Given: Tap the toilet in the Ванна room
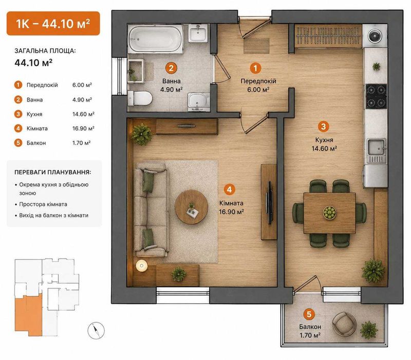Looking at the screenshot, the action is click(x=140, y=98).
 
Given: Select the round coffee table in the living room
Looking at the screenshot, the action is click(x=191, y=207).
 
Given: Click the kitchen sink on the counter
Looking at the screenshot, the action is click(x=376, y=150).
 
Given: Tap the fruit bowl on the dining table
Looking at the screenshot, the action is click(x=329, y=212).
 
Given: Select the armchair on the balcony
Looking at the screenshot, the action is click(x=344, y=323).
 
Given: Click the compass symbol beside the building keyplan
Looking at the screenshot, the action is click(x=96, y=330).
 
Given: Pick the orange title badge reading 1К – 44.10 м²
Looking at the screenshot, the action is click(x=53, y=23).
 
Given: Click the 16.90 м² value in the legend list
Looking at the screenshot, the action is click(x=83, y=128).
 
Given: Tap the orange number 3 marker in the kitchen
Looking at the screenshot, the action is click(x=323, y=126).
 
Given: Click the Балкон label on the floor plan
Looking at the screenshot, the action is click(x=310, y=327).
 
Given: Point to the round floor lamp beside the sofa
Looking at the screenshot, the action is click(x=142, y=266).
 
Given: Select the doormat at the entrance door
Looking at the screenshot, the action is click(x=256, y=46).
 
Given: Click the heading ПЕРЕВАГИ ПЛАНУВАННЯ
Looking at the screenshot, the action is click(x=53, y=173).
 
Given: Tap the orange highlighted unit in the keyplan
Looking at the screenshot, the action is click(x=28, y=315).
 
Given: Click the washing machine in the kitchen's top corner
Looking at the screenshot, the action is click(x=375, y=36).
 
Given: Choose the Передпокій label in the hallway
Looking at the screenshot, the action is click(x=258, y=81).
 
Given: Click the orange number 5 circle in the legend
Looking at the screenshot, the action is click(x=18, y=143).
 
